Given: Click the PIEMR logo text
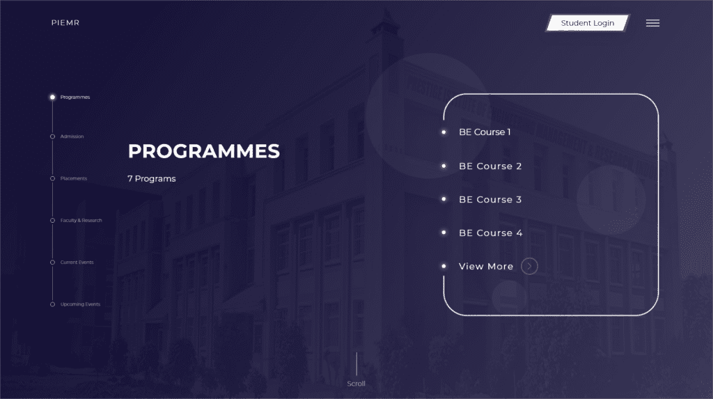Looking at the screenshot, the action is click(x=65, y=23).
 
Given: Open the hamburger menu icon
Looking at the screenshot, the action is click(x=652, y=23).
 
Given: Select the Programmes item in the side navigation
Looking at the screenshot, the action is click(x=75, y=97).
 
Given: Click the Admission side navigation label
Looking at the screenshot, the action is click(x=72, y=136).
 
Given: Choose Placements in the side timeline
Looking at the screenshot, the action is click(x=74, y=178).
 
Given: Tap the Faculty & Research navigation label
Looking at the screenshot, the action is click(x=81, y=220).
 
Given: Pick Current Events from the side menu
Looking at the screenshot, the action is click(x=77, y=262).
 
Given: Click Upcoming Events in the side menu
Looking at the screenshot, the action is click(x=80, y=304).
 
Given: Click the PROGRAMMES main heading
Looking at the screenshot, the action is click(x=204, y=151).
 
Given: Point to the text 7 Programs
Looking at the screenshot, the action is click(x=151, y=179).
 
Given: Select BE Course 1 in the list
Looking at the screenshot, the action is click(x=485, y=132).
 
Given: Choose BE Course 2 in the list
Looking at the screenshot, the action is click(x=490, y=166).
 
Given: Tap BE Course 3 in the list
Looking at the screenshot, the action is click(x=490, y=199).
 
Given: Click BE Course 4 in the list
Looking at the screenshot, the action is click(x=491, y=233).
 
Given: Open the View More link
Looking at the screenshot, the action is click(x=486, y=266).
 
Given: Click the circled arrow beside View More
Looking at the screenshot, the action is click(x=529, y=266).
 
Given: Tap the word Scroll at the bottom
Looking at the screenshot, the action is click(x=356, y=384).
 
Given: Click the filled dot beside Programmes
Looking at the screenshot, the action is click(x=52, y=97).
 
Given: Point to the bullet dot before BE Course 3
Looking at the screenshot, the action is click(x=444, y=199).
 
